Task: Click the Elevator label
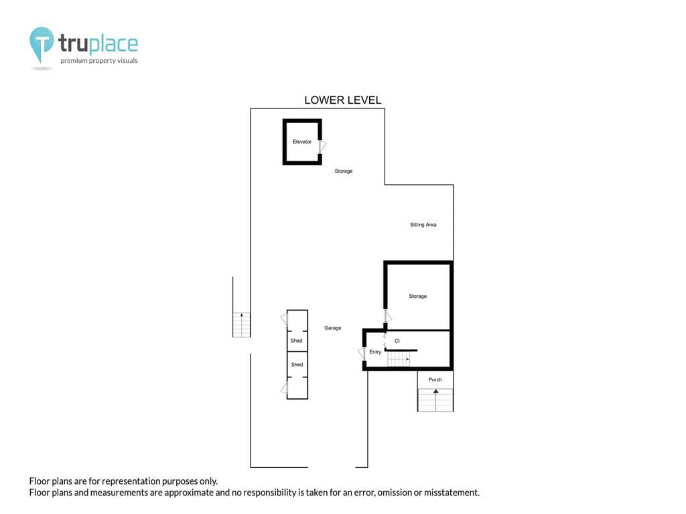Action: click(x=302, y=142)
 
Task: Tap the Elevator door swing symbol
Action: click(x=323, y=147)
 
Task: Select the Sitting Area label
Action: click(x=423, y=225)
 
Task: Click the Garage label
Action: click(x=332, y=328)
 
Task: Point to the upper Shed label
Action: click(x=296, y=341)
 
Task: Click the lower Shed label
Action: click(x=297, y=365)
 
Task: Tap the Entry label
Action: click(x=375, y=352)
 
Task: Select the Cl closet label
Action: click(x=397, y=341)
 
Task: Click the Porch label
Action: click(x=435, y=379)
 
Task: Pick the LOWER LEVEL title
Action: click(x=342, y=100)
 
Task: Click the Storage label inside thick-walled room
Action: click(x=418, y=296)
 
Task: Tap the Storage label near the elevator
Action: click(x=344, y=171)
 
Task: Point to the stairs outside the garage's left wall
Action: click(x=241, y=325)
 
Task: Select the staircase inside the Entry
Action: click(x=399, y=359)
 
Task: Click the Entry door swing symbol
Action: click(x=362, y=353)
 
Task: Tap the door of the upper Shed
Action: click(x=284, y=319)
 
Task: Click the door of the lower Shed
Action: click(x=284, y=388)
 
